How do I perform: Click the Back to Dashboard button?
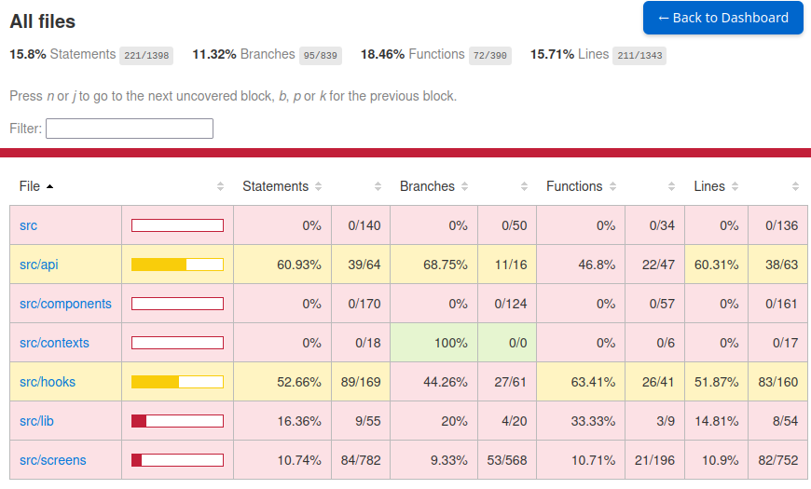722,18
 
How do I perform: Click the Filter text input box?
130,129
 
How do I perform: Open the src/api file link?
38,265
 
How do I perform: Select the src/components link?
65,304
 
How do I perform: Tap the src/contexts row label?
54,343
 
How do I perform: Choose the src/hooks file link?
48,382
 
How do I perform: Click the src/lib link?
36,421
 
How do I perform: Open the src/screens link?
52,460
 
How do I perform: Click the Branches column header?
427,186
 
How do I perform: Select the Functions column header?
574,186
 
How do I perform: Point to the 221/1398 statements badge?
146,56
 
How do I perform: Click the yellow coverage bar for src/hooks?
177,382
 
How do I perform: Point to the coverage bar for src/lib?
177,421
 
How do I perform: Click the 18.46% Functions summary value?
382,54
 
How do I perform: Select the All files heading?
43,21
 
